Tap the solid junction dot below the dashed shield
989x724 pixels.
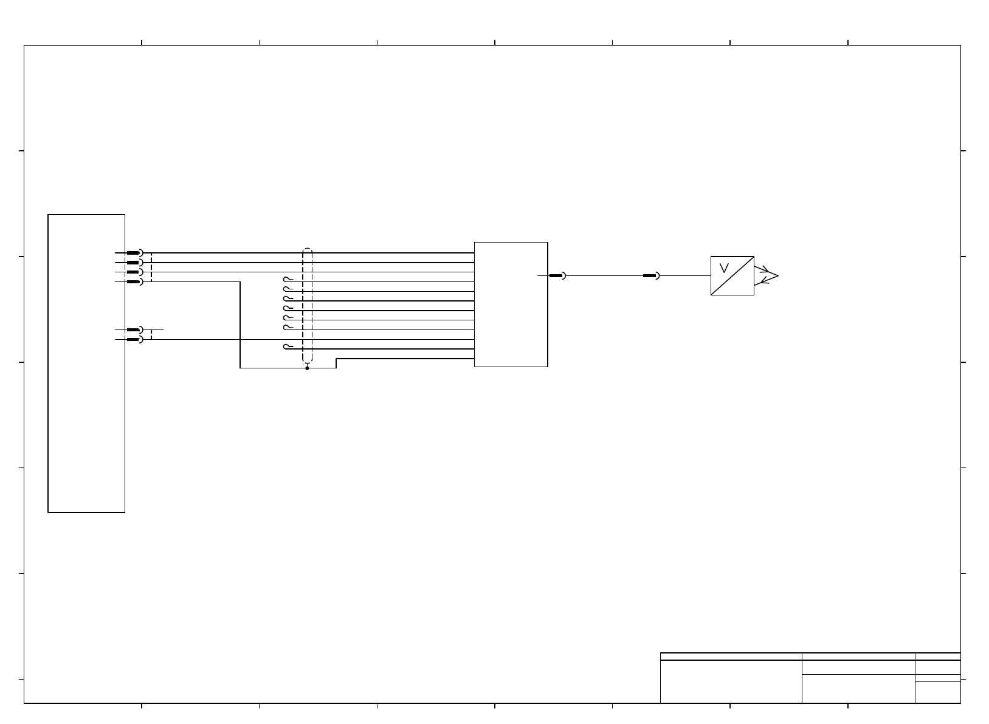(x=308, y=368)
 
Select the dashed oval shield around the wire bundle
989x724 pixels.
(x=308, y=306)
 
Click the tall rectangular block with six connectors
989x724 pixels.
(x=86, y=364)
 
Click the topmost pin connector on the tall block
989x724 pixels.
(x=135, y=253)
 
